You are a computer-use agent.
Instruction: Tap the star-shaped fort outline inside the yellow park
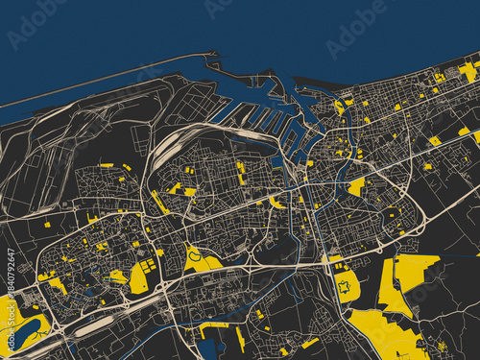click(344, 285)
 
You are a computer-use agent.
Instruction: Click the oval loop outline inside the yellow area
click(194, 255)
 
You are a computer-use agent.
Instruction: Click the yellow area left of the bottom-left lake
click(7, 317)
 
